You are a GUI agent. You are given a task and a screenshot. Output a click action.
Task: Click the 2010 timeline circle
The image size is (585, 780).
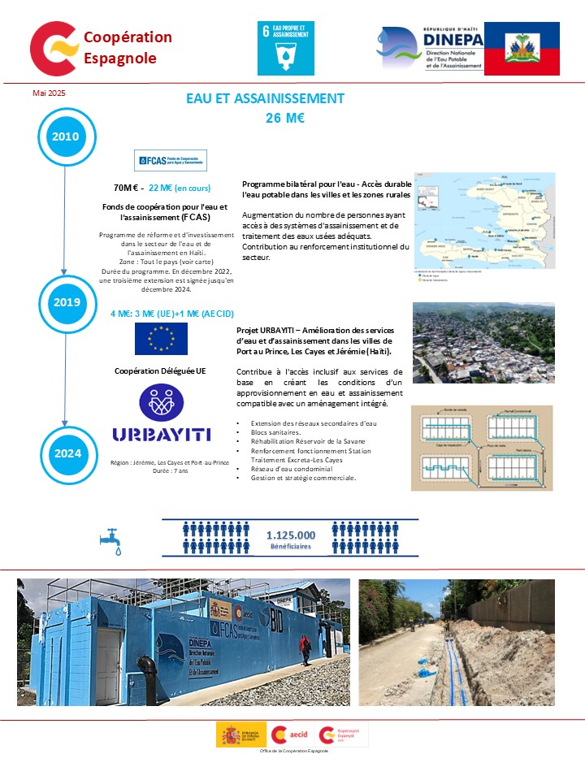click(x=65, y=136)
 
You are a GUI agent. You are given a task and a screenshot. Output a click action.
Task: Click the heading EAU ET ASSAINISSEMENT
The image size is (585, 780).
click(x=265, y=98)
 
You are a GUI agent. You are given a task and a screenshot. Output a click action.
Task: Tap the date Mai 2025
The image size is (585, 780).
click(x=49, y=93)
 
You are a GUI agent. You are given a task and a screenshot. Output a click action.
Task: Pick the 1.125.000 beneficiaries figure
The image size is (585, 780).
click(x=291, y=535)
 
